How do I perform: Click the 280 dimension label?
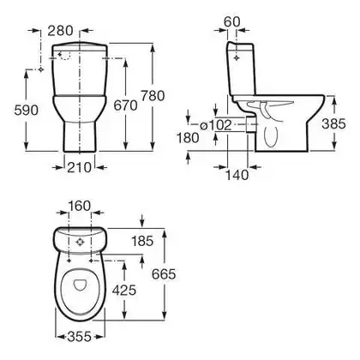pos(60,31)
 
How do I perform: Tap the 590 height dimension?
pos(26,111)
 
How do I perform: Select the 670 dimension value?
pos(125,105)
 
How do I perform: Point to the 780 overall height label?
pos(153,96)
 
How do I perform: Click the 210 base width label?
pos(79,167)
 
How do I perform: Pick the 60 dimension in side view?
pos(232,22)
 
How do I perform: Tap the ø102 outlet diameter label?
pos(215,125)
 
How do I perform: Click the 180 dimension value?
pos(188,138)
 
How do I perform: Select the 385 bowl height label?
pos(333,123)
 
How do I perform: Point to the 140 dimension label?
pos(237,175)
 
